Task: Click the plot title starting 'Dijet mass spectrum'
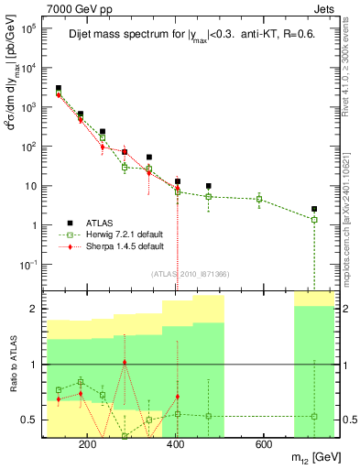point(191,36)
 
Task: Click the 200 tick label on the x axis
point(88,445)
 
